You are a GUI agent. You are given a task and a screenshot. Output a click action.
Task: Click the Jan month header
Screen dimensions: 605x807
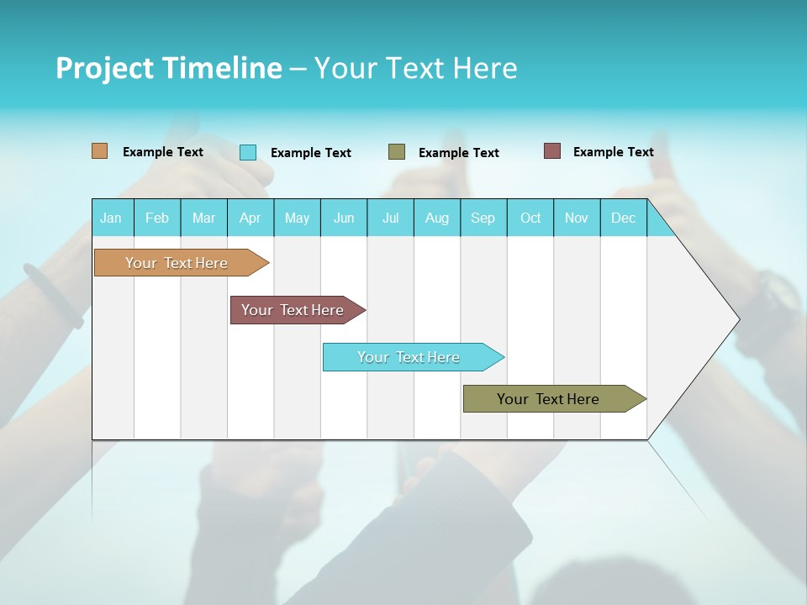pos(111,218)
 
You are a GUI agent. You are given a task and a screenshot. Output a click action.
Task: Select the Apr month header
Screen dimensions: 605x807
pos(250,218)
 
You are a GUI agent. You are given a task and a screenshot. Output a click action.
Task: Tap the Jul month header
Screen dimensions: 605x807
pos(390,218)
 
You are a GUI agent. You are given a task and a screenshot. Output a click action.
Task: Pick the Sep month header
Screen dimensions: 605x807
pos(483,218)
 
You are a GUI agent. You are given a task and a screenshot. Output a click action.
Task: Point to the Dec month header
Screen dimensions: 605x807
pos(623,218)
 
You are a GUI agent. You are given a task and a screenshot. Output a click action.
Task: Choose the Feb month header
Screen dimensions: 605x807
pos(157,218)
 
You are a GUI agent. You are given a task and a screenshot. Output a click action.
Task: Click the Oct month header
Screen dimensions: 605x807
pos(530,218)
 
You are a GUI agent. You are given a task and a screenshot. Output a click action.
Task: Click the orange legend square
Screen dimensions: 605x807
pos(100,151)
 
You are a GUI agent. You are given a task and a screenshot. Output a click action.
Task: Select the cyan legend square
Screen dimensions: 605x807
pos(248,152)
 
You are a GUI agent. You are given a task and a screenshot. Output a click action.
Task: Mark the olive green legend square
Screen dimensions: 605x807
pos(397,152)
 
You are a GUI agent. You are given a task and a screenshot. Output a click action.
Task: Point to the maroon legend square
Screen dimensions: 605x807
pos(552,151)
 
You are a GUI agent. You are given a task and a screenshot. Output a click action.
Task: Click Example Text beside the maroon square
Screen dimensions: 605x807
pos(613,152)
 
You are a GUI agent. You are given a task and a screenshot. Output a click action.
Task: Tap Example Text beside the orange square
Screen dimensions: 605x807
pos(162,152)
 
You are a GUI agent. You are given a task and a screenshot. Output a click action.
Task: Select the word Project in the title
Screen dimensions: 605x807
pos(105,68)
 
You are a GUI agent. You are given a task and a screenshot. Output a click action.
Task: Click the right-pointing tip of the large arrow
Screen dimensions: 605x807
pos(736,319)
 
